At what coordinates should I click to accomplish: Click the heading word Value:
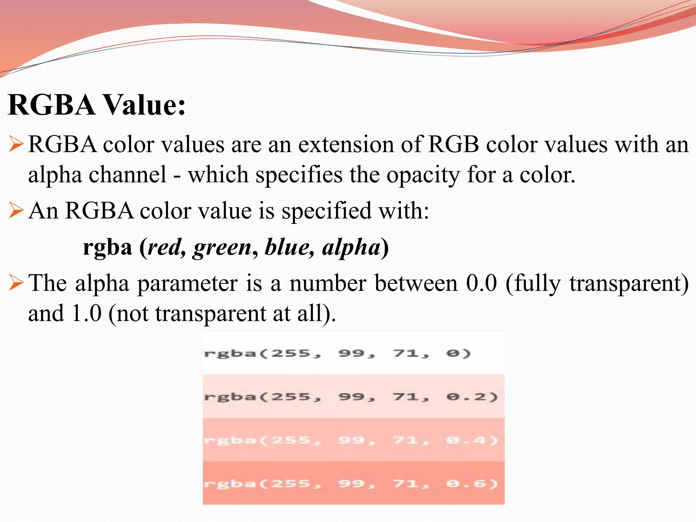coord(144,105)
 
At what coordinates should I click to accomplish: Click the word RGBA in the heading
coord(51,105)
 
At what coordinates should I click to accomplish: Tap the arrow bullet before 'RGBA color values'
coord(16,144)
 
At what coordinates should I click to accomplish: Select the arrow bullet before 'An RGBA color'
coord(16,210)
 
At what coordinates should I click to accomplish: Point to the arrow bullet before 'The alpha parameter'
coord(16,283)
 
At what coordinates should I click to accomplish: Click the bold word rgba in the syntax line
coord(107,247)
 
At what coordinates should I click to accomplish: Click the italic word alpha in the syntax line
coord(351,248)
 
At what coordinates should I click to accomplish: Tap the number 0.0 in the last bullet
coord(481,283)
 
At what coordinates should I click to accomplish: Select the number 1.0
coord(87,313)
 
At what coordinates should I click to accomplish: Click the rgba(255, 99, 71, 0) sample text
coord(337,353)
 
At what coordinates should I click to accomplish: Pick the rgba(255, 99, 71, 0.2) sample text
coord(351,397)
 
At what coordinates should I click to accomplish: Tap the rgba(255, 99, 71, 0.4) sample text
coord(351,440)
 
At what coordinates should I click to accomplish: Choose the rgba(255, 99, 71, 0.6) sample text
coord(351,484)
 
